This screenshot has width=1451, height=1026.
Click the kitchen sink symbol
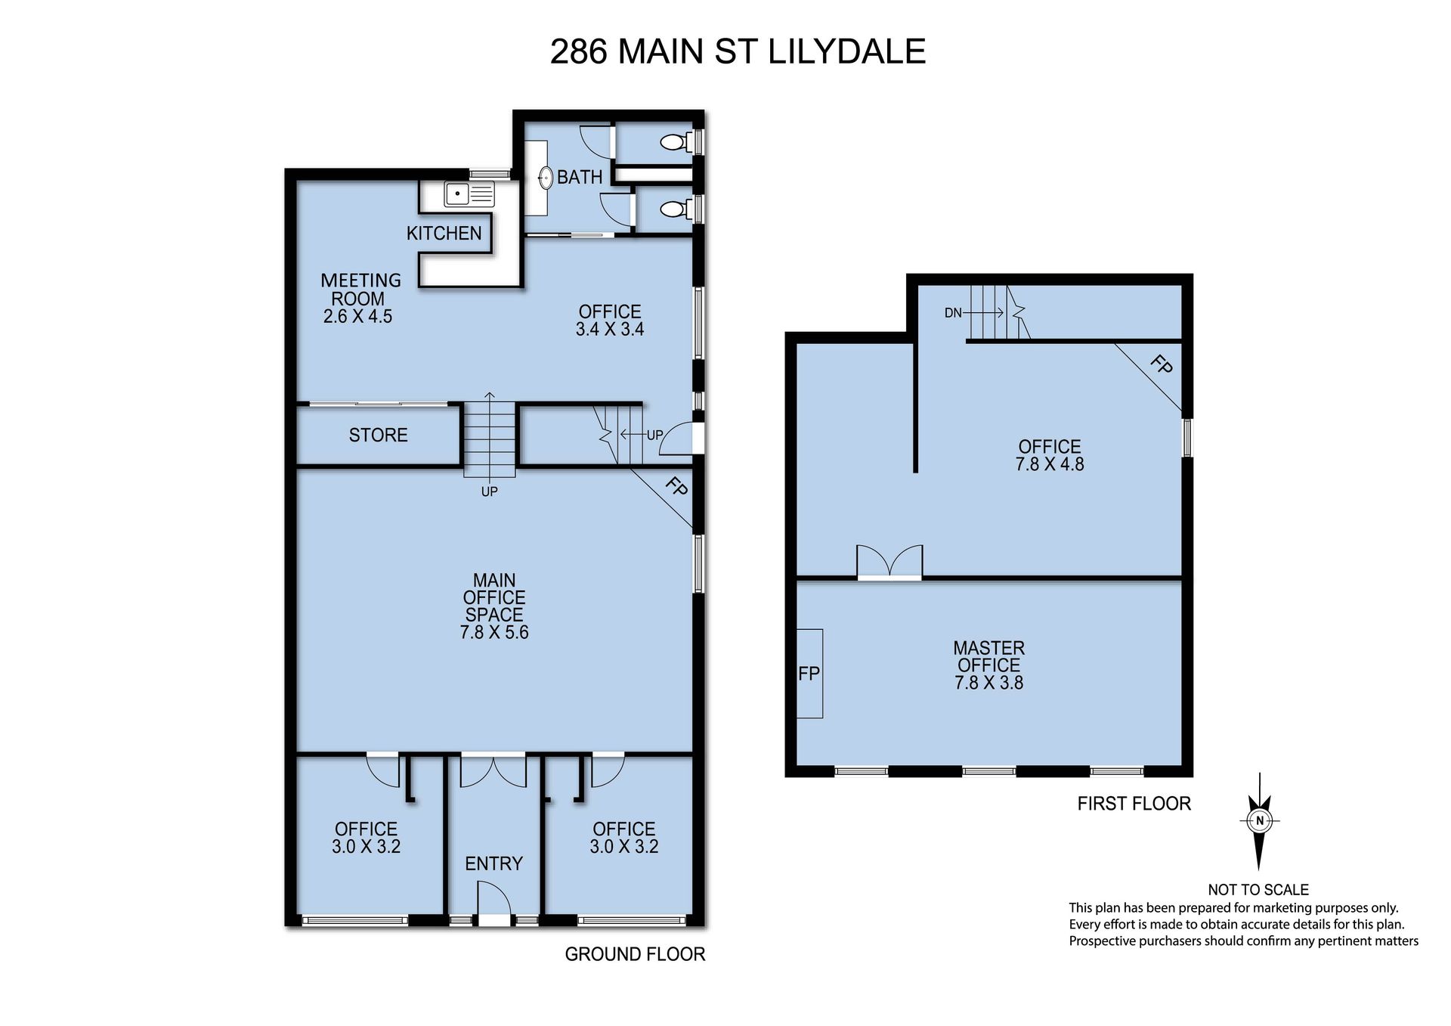[469, 194]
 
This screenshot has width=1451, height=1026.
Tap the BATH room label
[580, 177]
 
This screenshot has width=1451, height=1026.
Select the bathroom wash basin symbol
[545, 178]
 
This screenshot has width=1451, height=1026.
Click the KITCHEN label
[444, 233]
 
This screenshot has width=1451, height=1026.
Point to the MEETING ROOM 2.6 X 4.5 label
[360, 298]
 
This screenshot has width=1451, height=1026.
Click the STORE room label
[378, 435]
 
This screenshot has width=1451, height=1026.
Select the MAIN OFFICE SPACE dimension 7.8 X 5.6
[494, 632]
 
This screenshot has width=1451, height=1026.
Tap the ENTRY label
[493, 863]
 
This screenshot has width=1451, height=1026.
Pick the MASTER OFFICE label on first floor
[988, 656]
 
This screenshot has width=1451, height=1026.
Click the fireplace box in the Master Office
[810, 673]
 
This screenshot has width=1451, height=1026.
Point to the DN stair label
[953, 312]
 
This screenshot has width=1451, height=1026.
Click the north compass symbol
[1259, 821]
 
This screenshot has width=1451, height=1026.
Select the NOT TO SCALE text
[1258, 890]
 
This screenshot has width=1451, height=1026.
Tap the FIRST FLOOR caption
[1134, 804]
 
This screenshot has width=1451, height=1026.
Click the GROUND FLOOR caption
[635, 954]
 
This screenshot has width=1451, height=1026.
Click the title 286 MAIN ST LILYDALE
[738, 51]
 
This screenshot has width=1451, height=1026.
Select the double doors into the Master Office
[889, 563]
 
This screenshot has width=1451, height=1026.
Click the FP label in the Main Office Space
[676, 487]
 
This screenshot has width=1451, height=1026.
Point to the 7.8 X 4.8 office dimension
[1050, 464]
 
